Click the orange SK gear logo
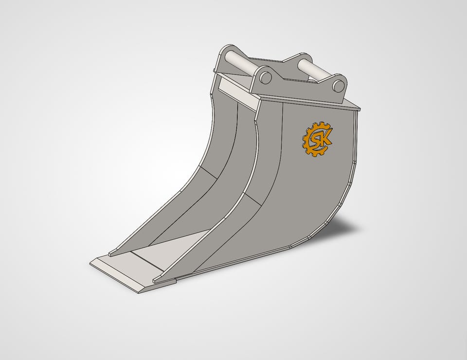click(x=317, y=139)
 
